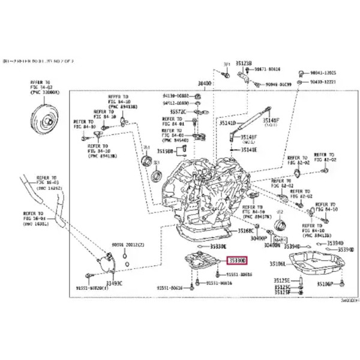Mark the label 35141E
[x=249, y=150]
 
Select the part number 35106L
[x=277, y=264]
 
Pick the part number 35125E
[x=281, y=280]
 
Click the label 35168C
[x=246, y=230]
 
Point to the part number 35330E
[x=218, y=246]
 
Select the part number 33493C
[x=113, y=282]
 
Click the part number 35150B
[x=165, y=151]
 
